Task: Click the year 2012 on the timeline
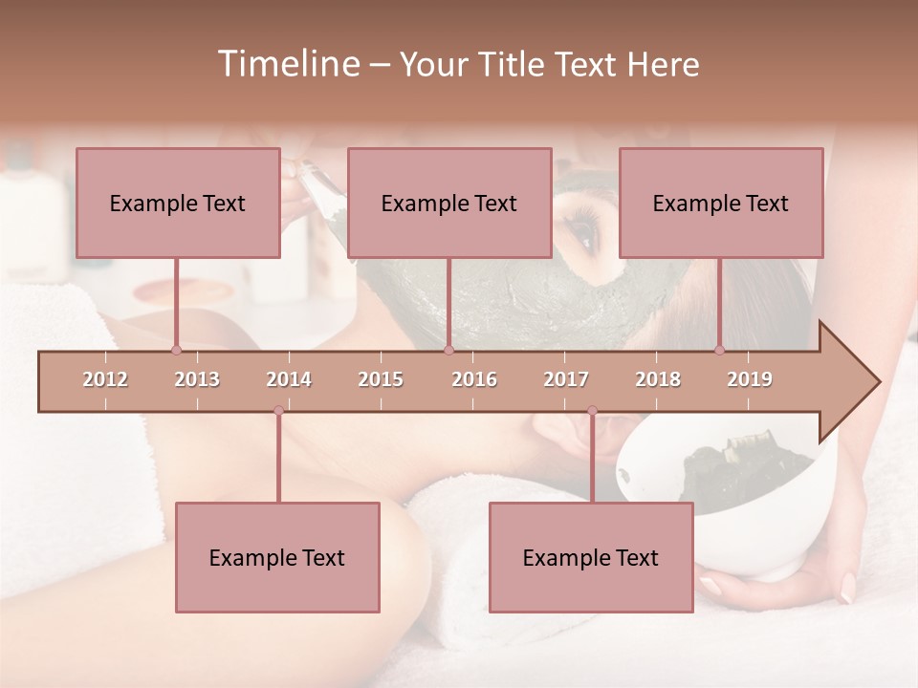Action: click(105, 379)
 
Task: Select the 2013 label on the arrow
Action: click(197, 379)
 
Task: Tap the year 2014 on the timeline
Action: click(289, 379)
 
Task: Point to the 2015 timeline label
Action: click(381, 379)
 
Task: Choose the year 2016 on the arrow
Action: click(474, 379)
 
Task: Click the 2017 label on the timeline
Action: click(566, 379)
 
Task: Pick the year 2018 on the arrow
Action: click(658, 379)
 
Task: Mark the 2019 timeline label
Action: click(750, 379)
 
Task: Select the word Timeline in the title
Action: click(287, 64)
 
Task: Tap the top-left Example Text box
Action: click(178, 203)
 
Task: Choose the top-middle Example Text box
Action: click(449, 203)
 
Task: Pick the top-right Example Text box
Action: click(721, 203)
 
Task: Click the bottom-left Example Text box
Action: click(277, 557)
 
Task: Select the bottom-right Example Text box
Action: click(591, 557)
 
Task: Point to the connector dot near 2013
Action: click(176, 350)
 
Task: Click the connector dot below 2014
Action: click(278, 410)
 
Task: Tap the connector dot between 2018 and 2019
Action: click(719, 350)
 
